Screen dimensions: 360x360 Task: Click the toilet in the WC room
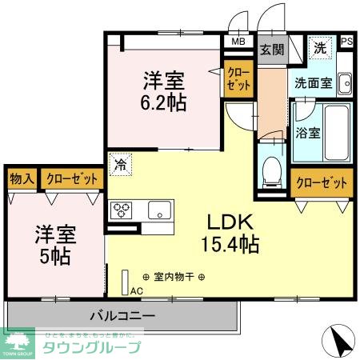tap(271, 168)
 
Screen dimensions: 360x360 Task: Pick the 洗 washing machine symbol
tap(319, 47)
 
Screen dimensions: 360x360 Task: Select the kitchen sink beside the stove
tap(158, 211)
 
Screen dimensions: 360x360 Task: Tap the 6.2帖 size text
tap(163, 102)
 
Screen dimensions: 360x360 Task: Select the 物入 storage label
tap(22, 179)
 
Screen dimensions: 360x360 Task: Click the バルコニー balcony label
tap(122, 314)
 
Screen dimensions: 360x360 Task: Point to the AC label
tap(136, 290)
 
